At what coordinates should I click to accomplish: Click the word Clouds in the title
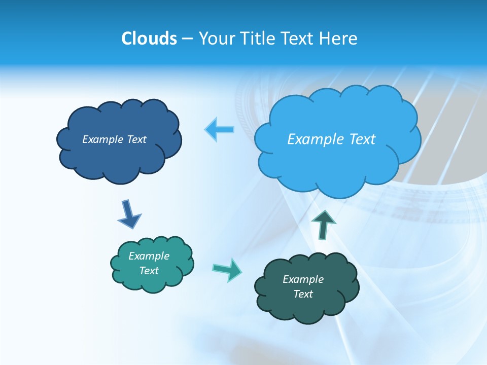click(149, 39)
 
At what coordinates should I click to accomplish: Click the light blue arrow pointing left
click(220, 130)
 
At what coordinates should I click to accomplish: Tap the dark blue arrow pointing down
click(129, 214)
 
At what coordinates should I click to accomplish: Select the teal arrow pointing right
click(227, 269)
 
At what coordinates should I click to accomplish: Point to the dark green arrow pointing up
click(323, 224)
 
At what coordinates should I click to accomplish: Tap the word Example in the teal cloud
click(149, 256)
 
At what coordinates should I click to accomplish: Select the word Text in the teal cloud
click(149, 271)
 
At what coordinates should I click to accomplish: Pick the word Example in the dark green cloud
click(303, 279)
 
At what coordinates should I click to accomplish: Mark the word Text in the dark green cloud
click(303, 294)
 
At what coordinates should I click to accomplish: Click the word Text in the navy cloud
click(136, 139)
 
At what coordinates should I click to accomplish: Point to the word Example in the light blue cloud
click(315, 139)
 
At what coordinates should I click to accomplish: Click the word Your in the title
click(214, 39)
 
